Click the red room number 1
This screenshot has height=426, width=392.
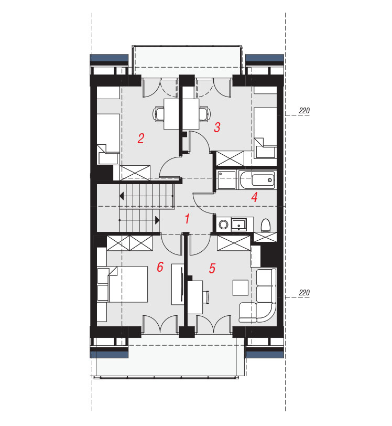pos(187,219)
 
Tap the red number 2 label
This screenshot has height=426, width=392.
pos(140,139)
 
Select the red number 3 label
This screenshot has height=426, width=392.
pos(217,127)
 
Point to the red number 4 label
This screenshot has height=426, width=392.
pos(254,197)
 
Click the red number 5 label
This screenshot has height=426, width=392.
pos(212,268)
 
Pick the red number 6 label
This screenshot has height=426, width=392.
pos(160,267)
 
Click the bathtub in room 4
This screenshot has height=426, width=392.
pos(257,180)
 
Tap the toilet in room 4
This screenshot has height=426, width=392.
pos(265,226)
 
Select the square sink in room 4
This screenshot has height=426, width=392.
pos(239,225)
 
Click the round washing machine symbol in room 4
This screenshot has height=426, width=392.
pos(223,225)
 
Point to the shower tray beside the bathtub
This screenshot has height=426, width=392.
pos(227,179)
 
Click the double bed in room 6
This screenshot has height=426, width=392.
pos(123,284)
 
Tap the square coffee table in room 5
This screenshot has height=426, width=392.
pos(240,287)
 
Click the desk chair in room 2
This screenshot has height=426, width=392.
pos(159,114)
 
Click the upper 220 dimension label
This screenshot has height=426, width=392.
pos(304,111)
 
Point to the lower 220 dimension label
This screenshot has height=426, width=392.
pos(304,293)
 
